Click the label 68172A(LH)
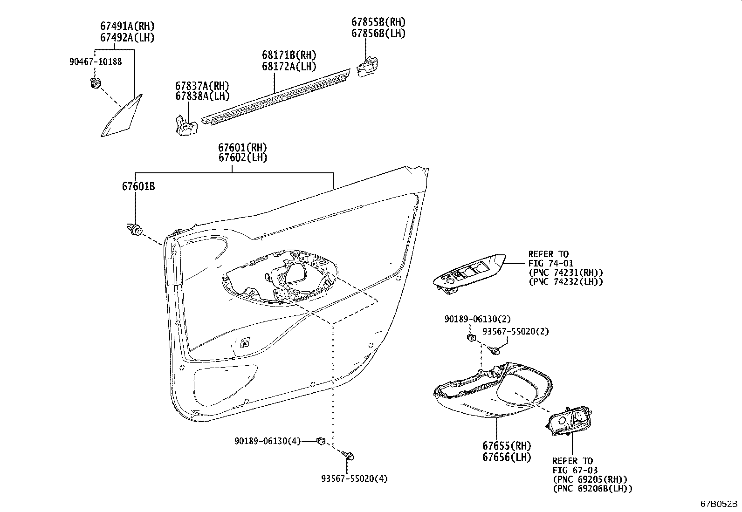click(289, 67)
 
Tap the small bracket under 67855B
click(367, 66)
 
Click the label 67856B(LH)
click(378, 34)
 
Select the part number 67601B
click(138, 187)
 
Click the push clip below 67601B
click(135, 230)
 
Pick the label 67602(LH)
click(242, 158)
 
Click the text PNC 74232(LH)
click(566, 282)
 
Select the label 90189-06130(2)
click(478, 319)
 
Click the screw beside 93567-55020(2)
click(494, 348)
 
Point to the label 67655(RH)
click(507, 446)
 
